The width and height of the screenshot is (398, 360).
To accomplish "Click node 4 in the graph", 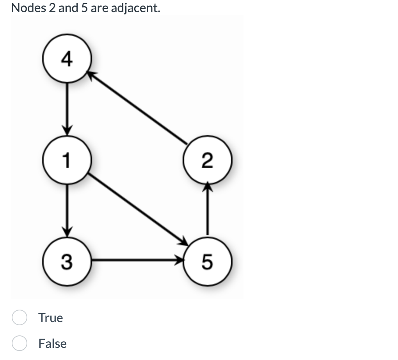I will click(67, 59).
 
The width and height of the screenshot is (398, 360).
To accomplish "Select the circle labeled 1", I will click(67, 160).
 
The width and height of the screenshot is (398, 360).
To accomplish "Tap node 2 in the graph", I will click(208, 160).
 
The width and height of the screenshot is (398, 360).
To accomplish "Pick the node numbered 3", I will click(67, 260).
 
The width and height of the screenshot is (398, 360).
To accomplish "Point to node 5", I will click(208, 260).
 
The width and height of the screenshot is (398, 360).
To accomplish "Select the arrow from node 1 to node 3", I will click(67, 209).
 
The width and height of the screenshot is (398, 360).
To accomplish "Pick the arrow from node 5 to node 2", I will click(208, 211).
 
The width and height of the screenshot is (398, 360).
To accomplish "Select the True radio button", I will click(19, 318).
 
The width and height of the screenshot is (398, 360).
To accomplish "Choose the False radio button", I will click(19, 344).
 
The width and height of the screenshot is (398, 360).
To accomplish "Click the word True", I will click(50, 318).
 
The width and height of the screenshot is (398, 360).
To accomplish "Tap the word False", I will click(52, 344).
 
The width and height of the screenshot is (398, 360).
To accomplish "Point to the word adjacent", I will click(135, 8).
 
